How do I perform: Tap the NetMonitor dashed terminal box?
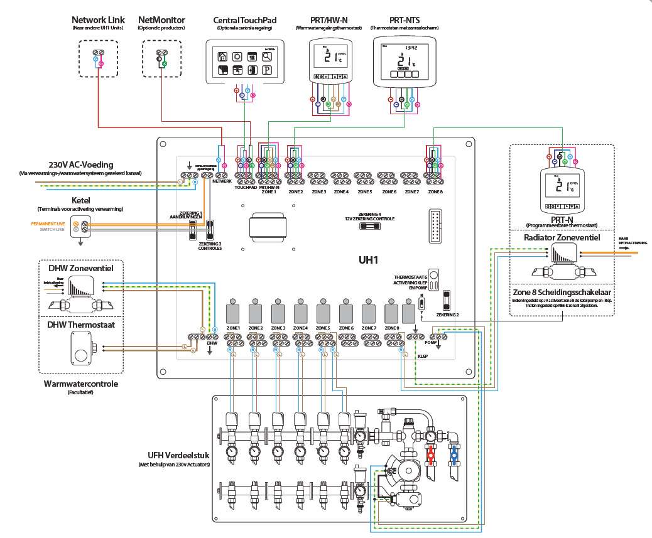point(161,58)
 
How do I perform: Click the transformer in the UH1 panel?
point(268,224)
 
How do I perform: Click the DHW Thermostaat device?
point(84,347)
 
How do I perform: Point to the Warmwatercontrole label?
point(80,384)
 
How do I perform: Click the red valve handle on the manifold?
point(431,454)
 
